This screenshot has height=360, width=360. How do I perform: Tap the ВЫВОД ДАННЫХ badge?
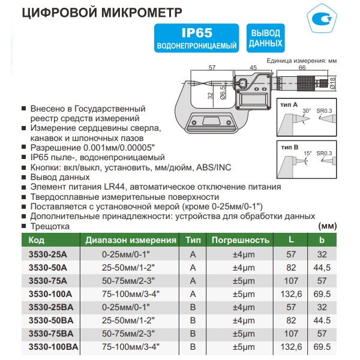tap(265, 38)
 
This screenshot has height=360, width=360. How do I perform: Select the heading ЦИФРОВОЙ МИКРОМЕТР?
tap(102, 13)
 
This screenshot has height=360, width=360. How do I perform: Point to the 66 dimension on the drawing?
tap(301, 68)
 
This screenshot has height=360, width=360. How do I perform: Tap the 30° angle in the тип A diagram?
tap(307, 112)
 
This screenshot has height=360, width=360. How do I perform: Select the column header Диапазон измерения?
tap(131, 240)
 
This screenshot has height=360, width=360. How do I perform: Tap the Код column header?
tap(37, 240)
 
